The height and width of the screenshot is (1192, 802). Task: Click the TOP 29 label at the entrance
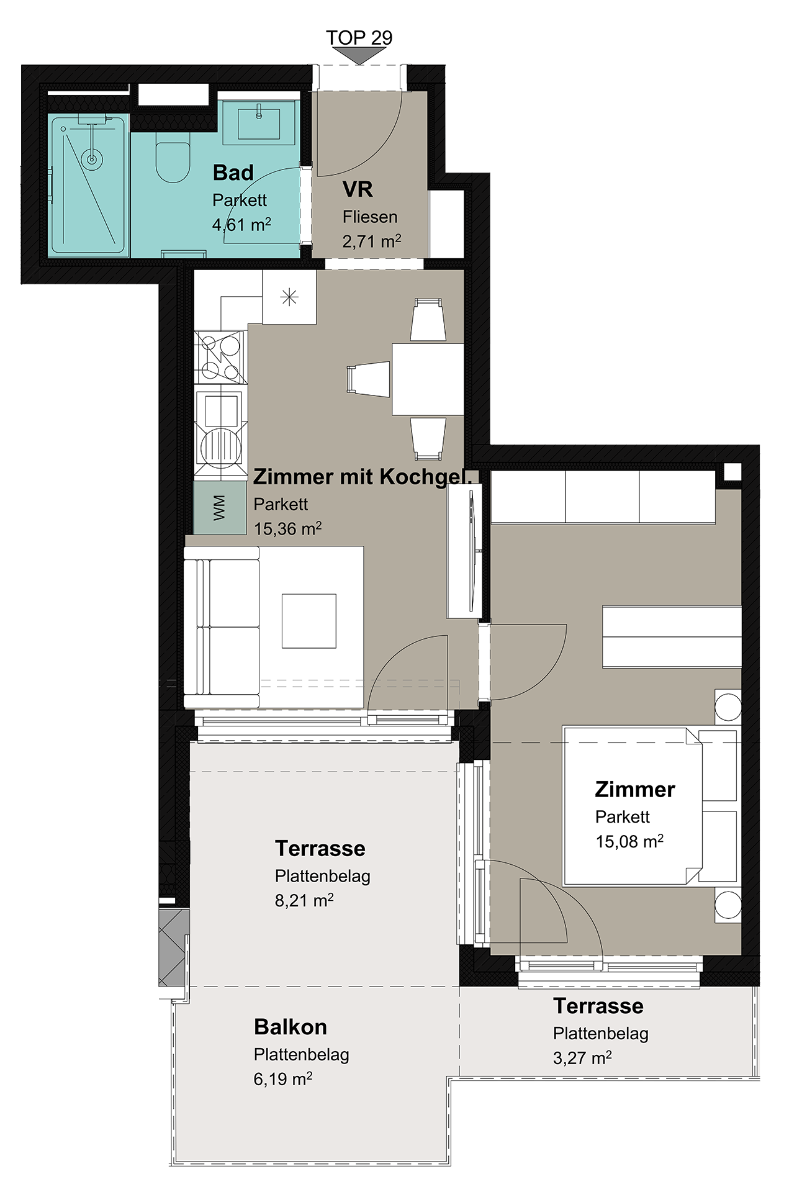(359, 37)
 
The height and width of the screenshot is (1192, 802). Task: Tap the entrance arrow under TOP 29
(359, 56)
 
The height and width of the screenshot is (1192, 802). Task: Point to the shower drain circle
(92, 160)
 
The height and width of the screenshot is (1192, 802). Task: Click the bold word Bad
(233, 173)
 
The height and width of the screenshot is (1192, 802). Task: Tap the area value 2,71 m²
(372, 241)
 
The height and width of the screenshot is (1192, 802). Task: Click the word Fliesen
(370, 217)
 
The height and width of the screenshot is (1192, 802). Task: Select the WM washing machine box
(220, 508)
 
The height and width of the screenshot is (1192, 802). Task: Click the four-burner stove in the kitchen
(220, 357)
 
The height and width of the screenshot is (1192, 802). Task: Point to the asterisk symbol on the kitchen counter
(289, 297)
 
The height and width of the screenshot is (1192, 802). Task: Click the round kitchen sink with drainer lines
(222, 444)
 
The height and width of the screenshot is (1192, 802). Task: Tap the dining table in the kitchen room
(428, 379)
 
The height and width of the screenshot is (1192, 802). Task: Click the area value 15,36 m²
(287, 528)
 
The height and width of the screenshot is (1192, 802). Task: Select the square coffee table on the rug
(309, 621)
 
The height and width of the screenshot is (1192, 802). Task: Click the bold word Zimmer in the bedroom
(634, 789)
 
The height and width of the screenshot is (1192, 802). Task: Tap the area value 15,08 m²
(629, 841)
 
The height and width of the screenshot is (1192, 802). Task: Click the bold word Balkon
(290, 1027)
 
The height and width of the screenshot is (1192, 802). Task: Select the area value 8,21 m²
(304, 900)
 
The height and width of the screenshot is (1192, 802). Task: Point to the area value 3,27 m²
(582, 1057)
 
